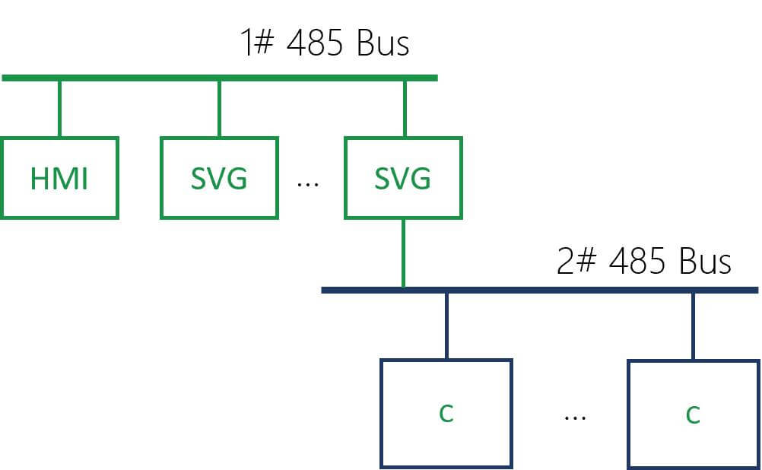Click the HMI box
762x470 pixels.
point(59,178)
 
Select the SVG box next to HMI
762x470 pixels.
point(219,178)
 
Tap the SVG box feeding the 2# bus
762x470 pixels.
point(403,178)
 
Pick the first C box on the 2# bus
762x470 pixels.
point(446,413)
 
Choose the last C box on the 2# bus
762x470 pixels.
point(693,413)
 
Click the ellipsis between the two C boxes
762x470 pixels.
point(575,418)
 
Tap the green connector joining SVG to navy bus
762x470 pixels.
point(403,252)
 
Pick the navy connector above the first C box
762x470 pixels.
point(446,326)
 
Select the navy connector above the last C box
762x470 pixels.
point(693,326)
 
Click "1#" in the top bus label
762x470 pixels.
point(256,43)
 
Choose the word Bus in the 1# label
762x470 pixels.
point(382,43)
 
